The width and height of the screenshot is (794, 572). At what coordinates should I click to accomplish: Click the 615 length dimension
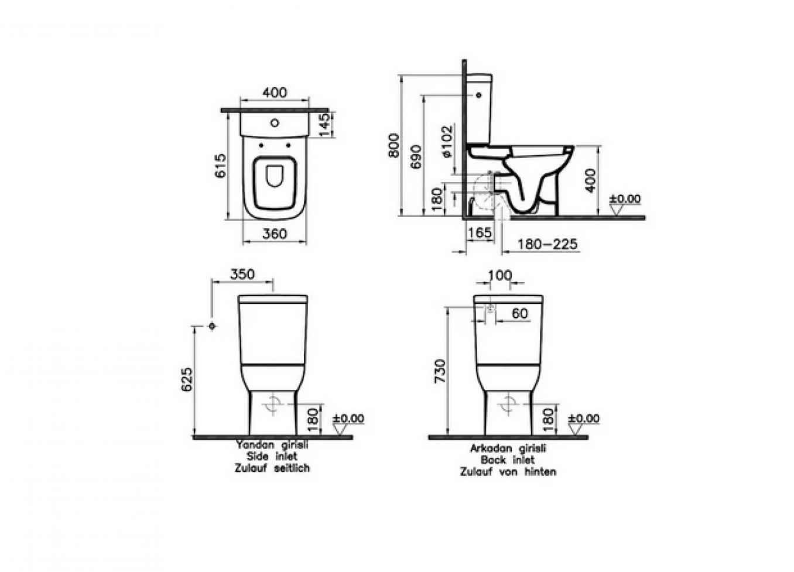coord(221,166)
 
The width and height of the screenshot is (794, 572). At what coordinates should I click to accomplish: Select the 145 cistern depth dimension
coord(324,124)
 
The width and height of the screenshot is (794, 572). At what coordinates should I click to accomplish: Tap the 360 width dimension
coord(275,234)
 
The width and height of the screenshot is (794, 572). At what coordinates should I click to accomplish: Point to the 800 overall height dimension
coord(393,145)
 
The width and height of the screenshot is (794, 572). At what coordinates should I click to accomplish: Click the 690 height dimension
coord(416,157)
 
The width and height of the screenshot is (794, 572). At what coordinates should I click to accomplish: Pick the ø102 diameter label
coord(447,141)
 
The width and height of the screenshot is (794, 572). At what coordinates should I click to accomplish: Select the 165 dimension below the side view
coord(480,232)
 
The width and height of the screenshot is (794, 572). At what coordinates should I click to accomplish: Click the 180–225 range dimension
coord(547,244)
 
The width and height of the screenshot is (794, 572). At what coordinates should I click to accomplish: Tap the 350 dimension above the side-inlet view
coord(242,274)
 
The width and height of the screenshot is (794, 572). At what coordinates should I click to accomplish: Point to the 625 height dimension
coord(187,379)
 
